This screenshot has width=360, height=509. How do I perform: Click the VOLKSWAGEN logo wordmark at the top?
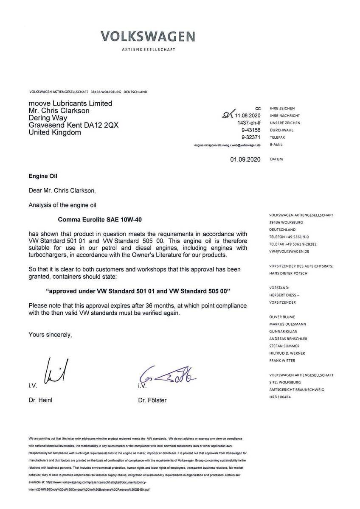tap(148, 37)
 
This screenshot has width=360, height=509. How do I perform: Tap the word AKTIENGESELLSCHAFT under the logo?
tap(148, 50)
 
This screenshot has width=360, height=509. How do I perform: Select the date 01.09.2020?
tap(245, 160)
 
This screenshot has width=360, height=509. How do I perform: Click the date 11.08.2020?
tap(247, 115)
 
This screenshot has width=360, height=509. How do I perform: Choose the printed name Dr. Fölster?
tap(152, 400)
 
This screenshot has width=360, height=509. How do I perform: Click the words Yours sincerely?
tap(50, 335)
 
